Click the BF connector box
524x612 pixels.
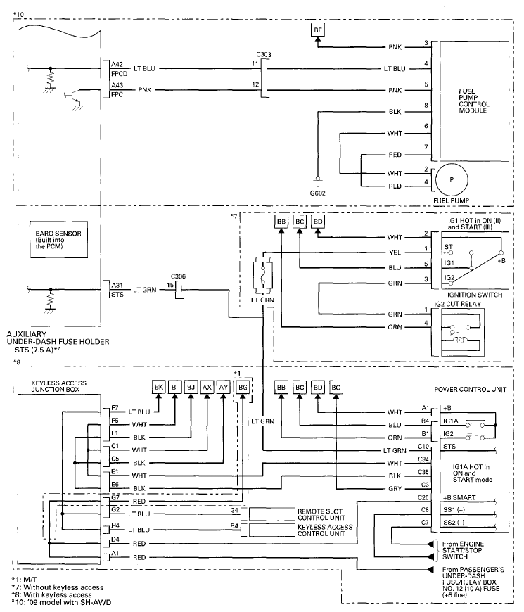coord(318,30)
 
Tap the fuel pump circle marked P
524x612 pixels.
coord(452,180)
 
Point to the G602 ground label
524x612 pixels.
coord(318,193)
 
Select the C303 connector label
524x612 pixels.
coord(264,55)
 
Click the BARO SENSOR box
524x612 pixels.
coord(58,240)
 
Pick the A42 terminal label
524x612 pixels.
coord(117,65)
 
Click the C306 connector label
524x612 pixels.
coord(179,276)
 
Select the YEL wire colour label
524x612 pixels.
coord(395,253)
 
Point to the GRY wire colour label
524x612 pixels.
coord(395,489)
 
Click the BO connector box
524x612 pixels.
coord(336,388)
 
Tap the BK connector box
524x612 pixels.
coord(159,388)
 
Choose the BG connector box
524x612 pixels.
coord(243,388)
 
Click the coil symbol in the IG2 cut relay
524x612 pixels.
coord(459,340)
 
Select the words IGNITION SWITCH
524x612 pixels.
coord(475,295)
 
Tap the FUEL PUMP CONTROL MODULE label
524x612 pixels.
coord(473,101)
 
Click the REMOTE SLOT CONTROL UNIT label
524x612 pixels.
coord(321,514)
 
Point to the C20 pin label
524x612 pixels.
coord(423,497)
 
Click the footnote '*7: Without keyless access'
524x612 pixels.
coord(58,587)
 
